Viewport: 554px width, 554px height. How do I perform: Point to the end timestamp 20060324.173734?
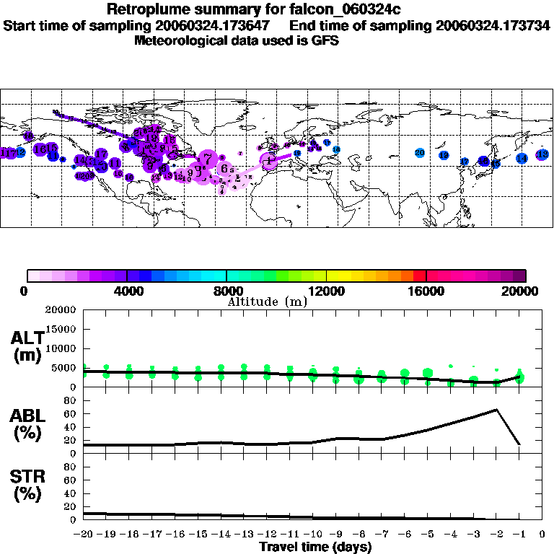tap(493, 25)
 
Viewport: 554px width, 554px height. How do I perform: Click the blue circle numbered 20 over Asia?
tap(420, 152)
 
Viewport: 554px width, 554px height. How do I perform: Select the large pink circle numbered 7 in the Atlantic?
tap(207, 158)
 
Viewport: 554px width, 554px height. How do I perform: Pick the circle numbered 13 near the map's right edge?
tap(542, 154)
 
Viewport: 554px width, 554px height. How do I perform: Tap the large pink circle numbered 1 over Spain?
tap(269, 161)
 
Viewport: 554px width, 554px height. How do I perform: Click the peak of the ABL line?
tap(496, 410)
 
